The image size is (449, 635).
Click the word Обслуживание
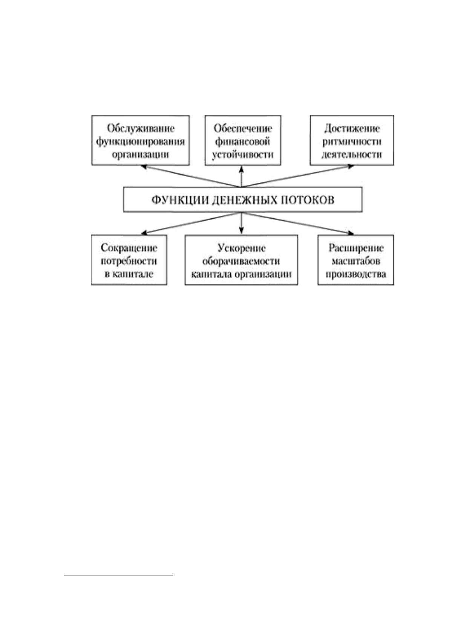click(x=141, y=129)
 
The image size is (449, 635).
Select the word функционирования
click(x=141, y=142)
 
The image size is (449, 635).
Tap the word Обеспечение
click(x=243, y=129)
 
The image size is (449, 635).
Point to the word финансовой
click(x=243, y=141)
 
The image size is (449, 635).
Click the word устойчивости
click(x=243, y=155)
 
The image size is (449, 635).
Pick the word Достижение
click(x=352, y=129)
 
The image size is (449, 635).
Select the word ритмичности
click(x=352, y=141)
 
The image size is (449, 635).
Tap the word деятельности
click(x=352, y=155)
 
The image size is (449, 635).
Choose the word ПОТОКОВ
click(x=308, y=200)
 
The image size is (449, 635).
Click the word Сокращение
click(x=129, y=248)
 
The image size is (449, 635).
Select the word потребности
click(x=129, y=261)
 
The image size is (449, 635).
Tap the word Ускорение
click(x=242, y=248)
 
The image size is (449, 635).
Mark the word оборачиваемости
click(x=241, y=261)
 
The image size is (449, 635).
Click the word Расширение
click(x=356, y=248)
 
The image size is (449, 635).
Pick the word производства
click(x=356, y=275)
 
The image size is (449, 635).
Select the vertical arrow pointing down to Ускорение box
click(x=242, y=223)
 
